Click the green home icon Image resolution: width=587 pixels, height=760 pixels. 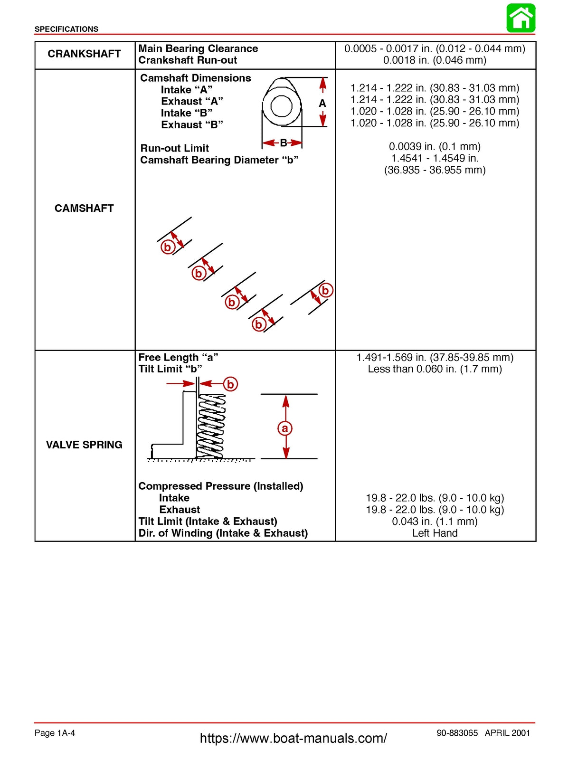pos(521,18)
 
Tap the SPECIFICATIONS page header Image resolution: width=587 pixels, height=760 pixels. pos(66,29)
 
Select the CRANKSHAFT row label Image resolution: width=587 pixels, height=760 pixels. pos(84,54)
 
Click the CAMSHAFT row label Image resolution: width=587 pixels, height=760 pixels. pos(84,208)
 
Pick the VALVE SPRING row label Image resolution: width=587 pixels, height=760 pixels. pos(84,445)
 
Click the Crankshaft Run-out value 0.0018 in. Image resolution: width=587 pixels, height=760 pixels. pos(435,60)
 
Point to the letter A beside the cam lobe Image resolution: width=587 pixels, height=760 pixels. pos(322,103)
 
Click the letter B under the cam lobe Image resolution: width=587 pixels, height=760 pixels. pos(283,142)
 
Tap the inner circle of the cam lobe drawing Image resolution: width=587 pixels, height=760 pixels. pos(281,106)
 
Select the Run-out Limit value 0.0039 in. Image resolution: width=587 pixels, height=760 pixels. pos(435,146)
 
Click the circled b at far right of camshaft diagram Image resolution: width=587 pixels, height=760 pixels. pos(325,290)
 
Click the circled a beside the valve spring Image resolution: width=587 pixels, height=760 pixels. pos(284,428)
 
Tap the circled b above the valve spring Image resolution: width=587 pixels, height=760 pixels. pos(230,384)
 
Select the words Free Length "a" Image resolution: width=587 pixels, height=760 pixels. pos(178,357)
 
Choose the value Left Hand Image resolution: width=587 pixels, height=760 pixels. pos(435,533)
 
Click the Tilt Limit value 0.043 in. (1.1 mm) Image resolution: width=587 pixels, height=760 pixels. pos(435,521)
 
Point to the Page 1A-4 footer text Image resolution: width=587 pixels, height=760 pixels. pos(55,732)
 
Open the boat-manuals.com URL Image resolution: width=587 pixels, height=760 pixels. pos(293,738)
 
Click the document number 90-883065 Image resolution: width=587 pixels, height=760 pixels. pos(457,732)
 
